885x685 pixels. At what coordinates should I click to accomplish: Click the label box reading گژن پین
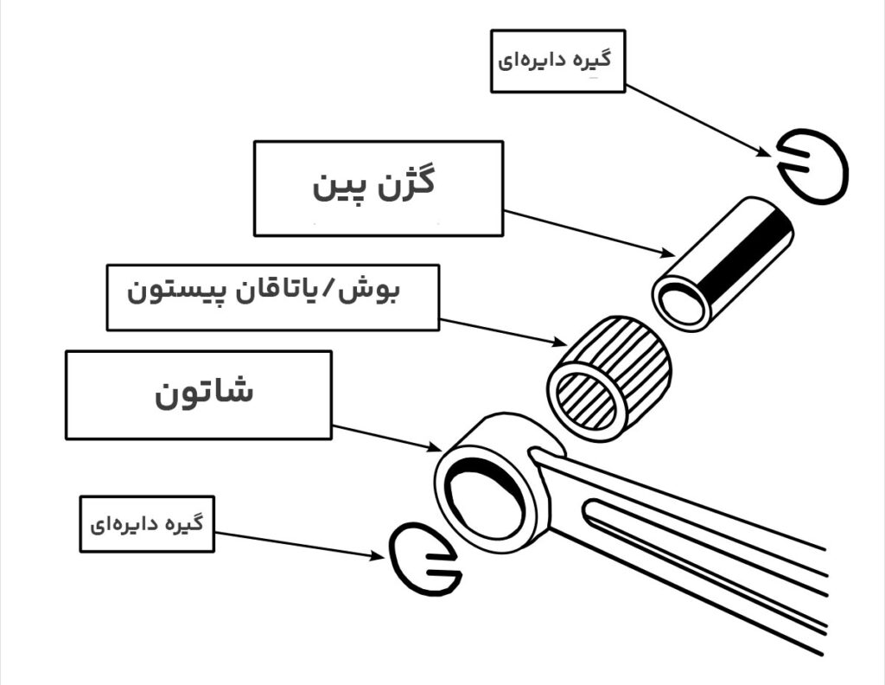click(378, 188)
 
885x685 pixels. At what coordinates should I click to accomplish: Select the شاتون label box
click(198, 394)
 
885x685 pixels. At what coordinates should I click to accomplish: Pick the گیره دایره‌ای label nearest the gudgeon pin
click(557, 61)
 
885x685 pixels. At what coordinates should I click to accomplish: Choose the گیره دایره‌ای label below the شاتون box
click(147, 524)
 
